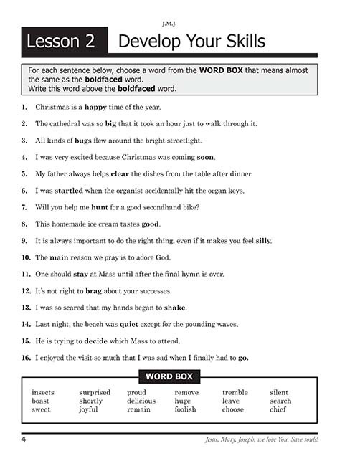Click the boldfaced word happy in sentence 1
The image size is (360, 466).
tap(96, 108)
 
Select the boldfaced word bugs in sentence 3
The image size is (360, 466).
tap(82, 141)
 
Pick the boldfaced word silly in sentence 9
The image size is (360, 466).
tap(261, 240)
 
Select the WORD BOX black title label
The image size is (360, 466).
tap(169, 376)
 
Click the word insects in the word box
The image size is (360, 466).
tap(44, 393)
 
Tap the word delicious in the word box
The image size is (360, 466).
tap(141, 401)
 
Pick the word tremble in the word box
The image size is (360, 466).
tap(235, 393)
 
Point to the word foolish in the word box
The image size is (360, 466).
tap(185, 410)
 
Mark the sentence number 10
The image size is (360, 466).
tap(24, 257)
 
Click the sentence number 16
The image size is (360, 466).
tap(24, 357)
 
